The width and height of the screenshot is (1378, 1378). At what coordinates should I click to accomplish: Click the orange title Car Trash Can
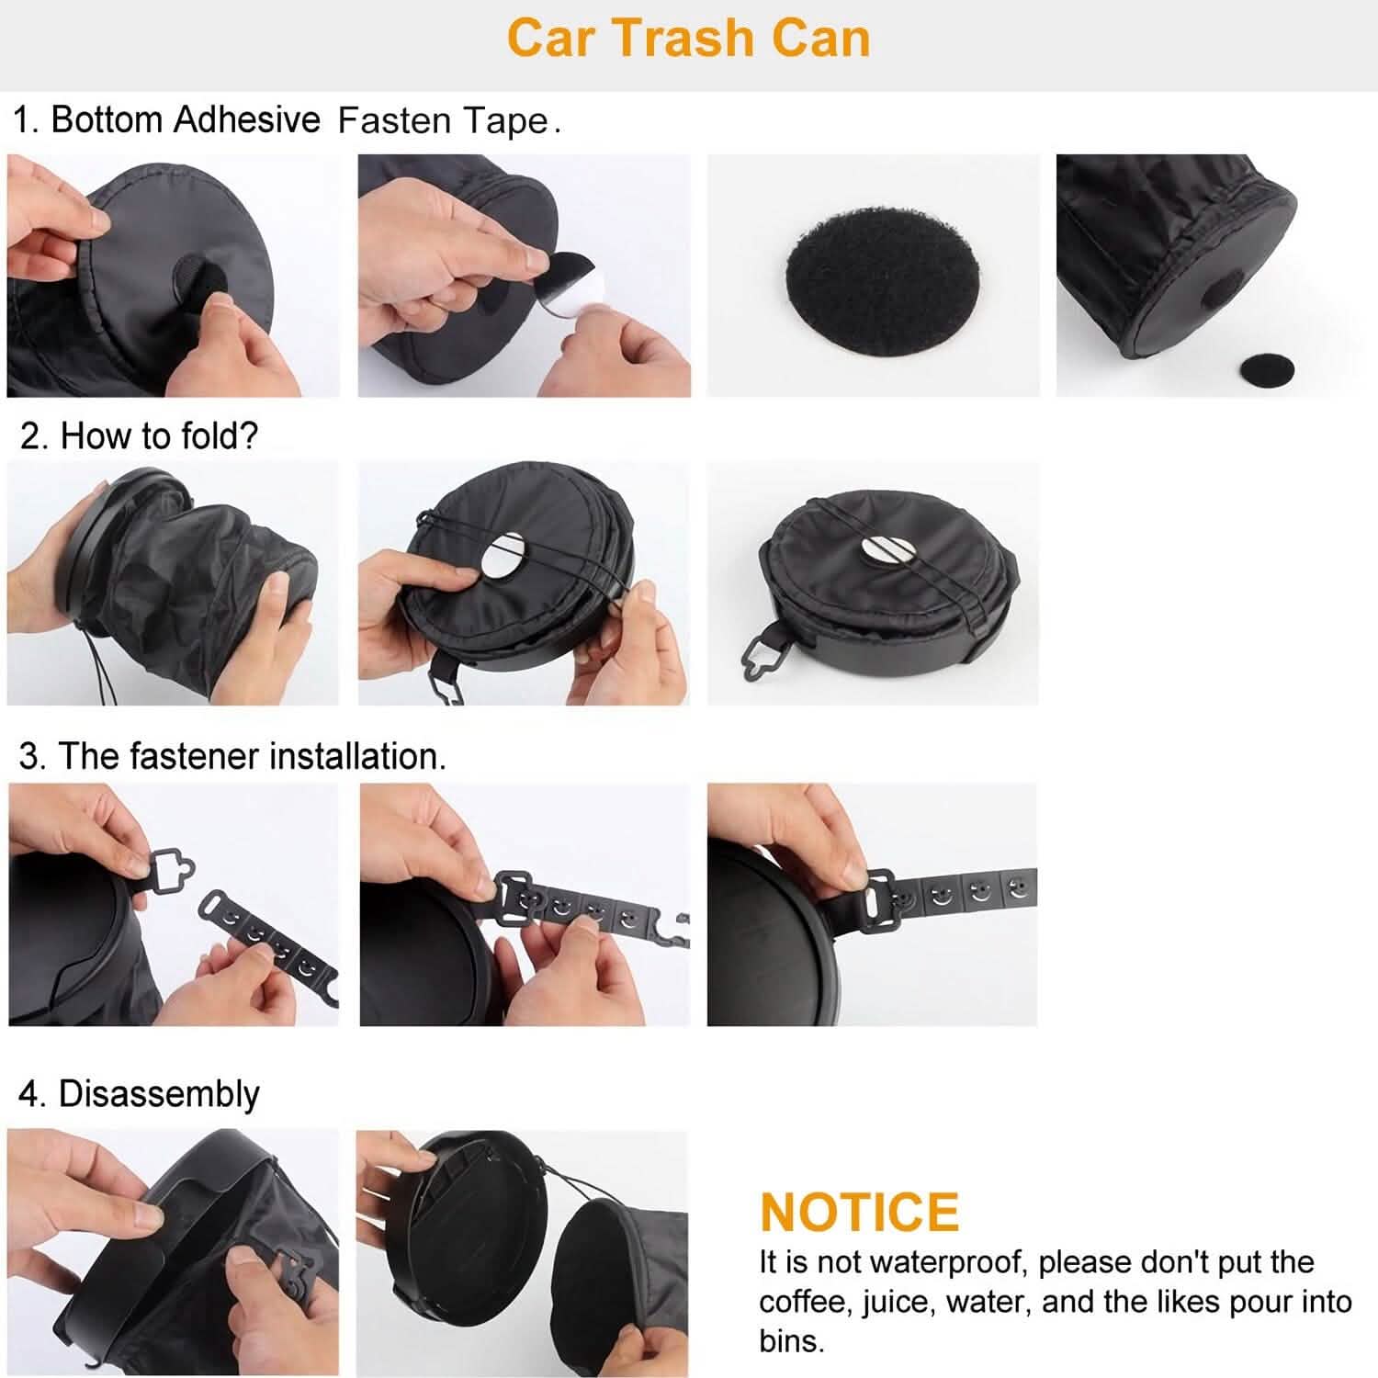tap(688, 40)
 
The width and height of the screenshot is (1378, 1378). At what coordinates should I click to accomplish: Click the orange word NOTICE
tap(859, 1212)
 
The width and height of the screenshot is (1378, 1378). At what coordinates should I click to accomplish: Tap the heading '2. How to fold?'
tap(139, 435)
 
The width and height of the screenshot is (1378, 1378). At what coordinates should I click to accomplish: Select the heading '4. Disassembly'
tap(139, 1094)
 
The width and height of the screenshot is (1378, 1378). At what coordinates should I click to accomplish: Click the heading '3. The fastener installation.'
tap(232, 756)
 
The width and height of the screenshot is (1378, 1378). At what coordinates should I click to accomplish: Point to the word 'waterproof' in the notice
tap(945, 1262)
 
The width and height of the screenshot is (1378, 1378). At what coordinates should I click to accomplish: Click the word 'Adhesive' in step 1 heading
tap(246, 120)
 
